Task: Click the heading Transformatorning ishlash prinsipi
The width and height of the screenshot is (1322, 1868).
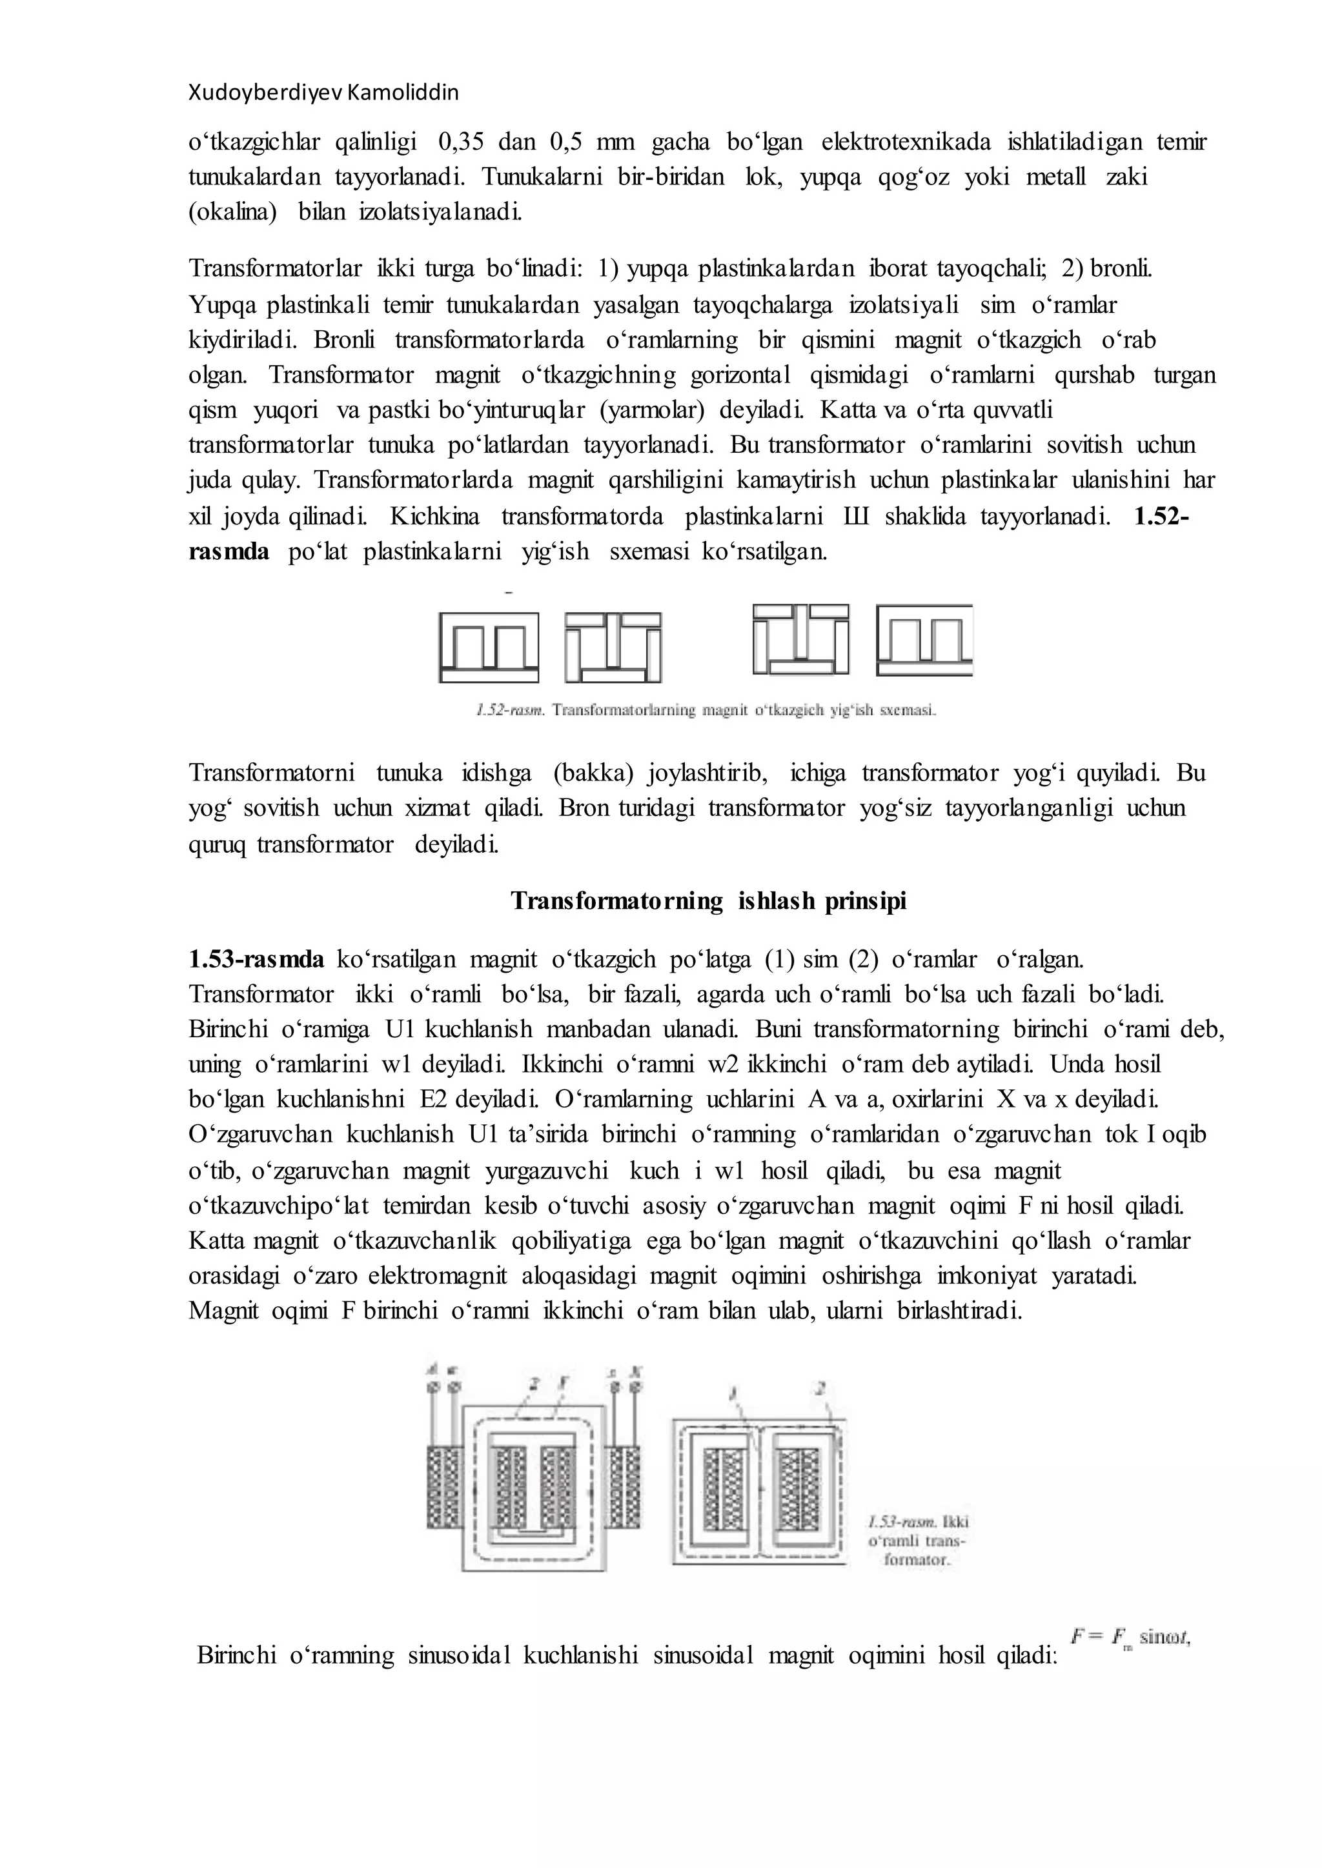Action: (x=708, y=902)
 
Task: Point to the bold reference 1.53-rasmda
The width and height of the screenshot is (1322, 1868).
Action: (x=256, y=959)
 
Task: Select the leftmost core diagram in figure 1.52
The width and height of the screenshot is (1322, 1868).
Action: (x=489, y=647)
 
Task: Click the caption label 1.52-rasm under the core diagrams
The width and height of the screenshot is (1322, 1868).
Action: (x=511, y=710)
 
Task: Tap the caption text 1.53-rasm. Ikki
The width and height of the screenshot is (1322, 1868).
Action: (x=917, y=1522)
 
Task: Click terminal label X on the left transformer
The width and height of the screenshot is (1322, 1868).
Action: (x=636, y=1371)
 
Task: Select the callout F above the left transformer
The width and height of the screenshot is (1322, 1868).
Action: (x=564, y=1380)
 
